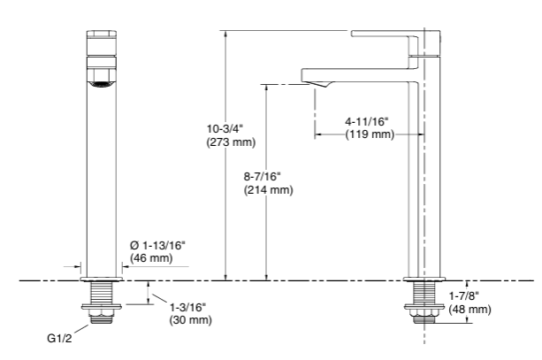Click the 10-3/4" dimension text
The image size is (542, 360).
(x=216, y=128)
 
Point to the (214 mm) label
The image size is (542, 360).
(x=268, y=189)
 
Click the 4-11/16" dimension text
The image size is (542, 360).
(x=369, y=121)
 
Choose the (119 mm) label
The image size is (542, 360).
(x=369, y=134)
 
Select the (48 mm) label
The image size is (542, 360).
(x=469, y=310)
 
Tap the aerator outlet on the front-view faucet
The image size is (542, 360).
(x=100, y=83)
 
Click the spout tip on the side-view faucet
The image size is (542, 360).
(x=318, y=83)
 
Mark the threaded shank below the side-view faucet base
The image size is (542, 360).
(x=423, y=293)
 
